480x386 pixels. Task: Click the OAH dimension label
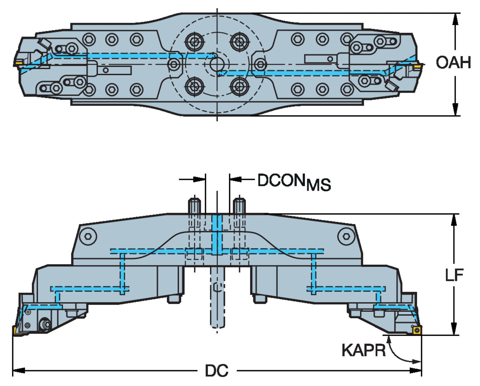(453, 62)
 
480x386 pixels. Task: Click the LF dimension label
(454, 275)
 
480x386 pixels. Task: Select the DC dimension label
(217, 371)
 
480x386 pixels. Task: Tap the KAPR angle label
(364, 350)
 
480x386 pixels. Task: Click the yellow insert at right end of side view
(416, 330)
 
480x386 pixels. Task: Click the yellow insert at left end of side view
(16, 331)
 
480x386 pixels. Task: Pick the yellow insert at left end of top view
(18, 62)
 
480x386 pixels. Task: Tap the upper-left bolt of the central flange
(195, 41)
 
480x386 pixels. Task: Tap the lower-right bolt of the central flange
(239, 86)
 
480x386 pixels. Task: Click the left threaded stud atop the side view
(194, 206)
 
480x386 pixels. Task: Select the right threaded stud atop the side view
(239, 206)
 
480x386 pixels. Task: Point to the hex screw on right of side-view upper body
(346, 236)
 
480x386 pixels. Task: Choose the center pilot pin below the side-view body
(217, 298)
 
